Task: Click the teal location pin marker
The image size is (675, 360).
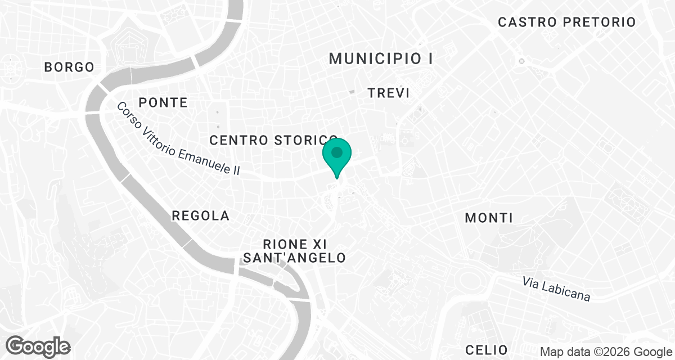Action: tap(337, 154)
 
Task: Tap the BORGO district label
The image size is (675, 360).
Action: tap(69, 67)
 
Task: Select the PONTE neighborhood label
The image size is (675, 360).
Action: tap(163, 102)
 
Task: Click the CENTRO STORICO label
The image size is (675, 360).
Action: tap(273, 140)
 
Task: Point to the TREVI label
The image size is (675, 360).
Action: tap(388, 93)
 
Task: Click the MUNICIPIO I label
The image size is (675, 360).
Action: tap(381, 58)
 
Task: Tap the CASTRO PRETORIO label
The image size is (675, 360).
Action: tap(567, 22)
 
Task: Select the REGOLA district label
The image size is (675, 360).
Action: tap(201, 215)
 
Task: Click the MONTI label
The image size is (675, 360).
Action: tap(489, 218)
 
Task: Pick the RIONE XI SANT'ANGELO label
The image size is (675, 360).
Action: tap(295, 251)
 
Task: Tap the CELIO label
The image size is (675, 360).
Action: tap(487, 349)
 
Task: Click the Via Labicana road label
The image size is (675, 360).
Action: tap(556, 289)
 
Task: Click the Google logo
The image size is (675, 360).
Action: tap(38, 346)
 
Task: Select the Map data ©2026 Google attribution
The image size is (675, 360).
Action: tap(605, 352)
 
